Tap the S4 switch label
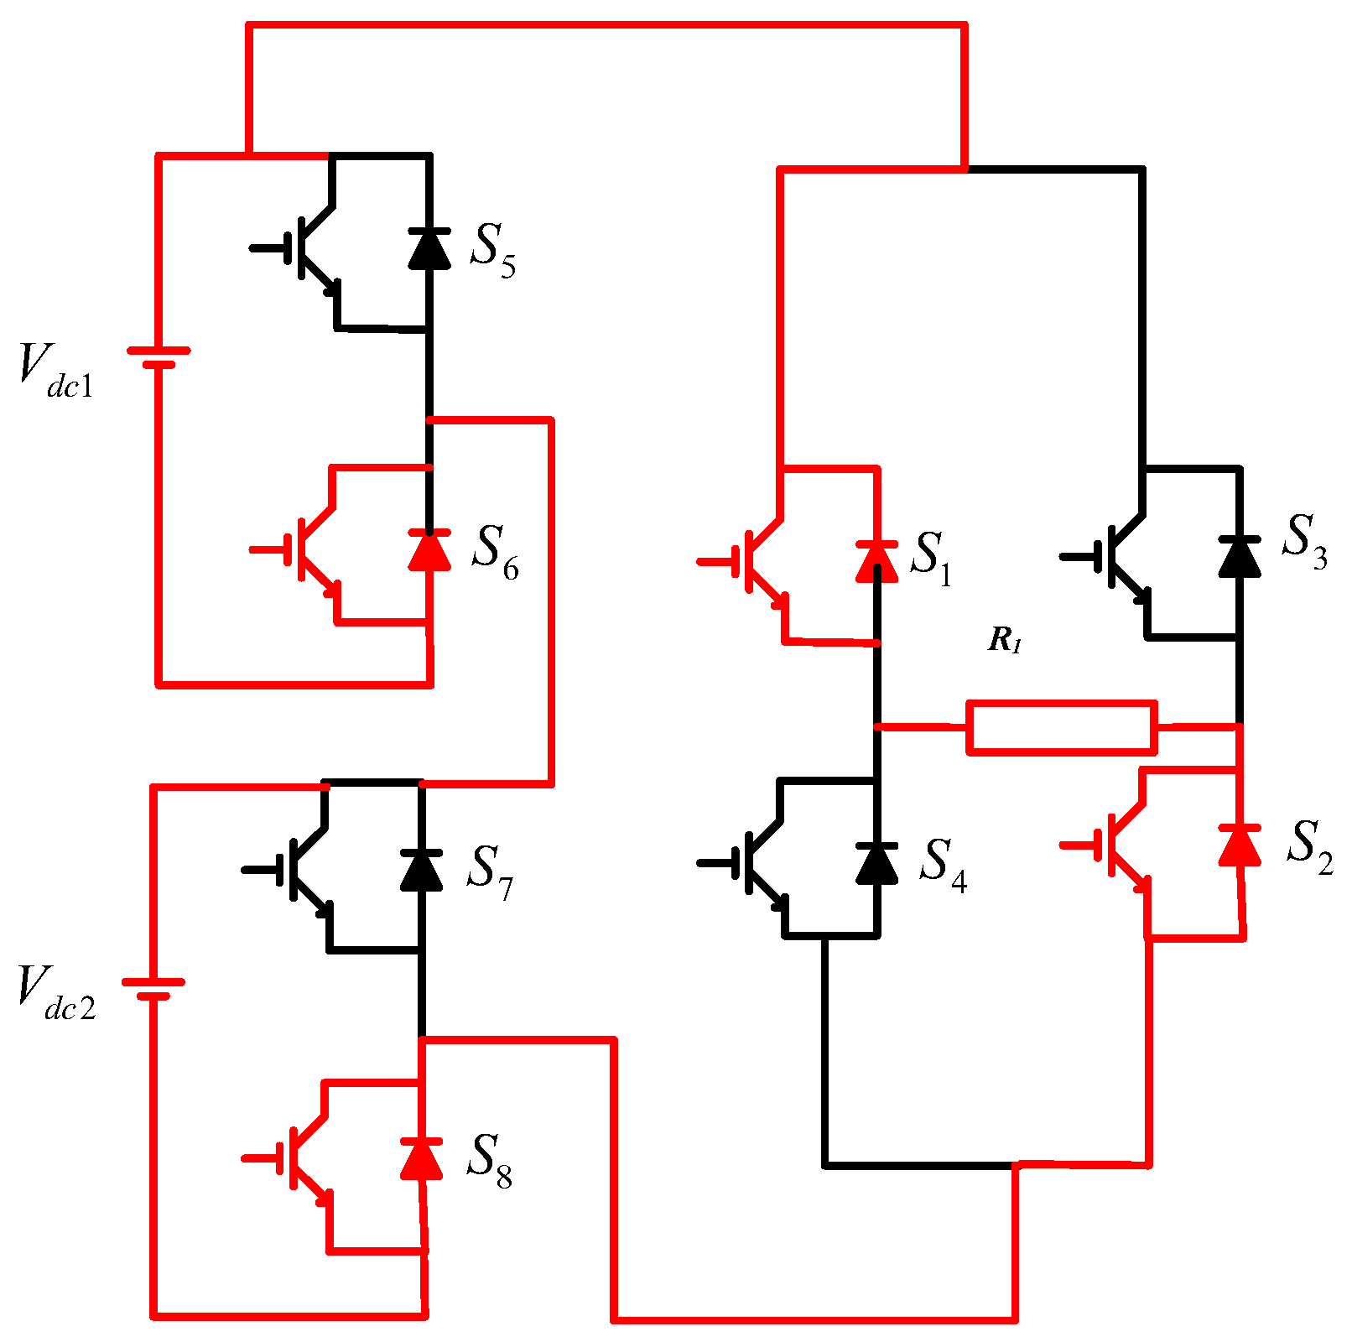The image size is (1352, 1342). click(x=943, y=865)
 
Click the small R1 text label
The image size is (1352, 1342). click(x=1005, y=641)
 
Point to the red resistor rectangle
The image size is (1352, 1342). click(x=1062, y=727)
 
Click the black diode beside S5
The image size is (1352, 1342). click(x=429, y=248)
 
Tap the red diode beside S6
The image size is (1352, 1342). click(x=429, y=550)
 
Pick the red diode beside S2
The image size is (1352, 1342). click(x=1240, y=845)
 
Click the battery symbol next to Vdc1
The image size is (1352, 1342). click(x=158, y=357)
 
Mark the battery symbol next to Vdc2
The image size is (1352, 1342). click(x=153, y=989)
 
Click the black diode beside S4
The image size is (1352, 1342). click(x=876, y=864)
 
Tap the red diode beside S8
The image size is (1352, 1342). click(x=421, y=1159)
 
